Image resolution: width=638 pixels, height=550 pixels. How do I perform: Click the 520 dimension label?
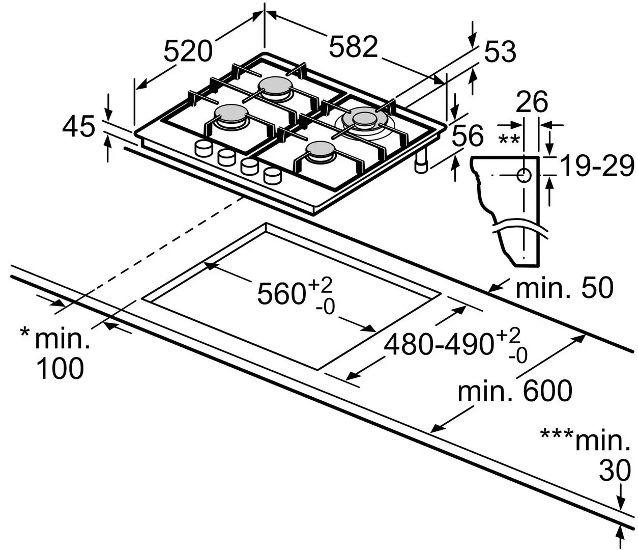tap(188, 51)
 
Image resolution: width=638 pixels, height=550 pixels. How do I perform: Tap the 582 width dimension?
tap(354, 47)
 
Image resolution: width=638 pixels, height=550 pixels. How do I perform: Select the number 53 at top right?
tap(500, 52)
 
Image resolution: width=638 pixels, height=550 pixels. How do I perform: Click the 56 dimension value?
tap(467, 136)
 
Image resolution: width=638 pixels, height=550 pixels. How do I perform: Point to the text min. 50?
tap(564, 288)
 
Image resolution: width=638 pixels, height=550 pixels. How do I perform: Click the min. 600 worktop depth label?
tap(514, 391)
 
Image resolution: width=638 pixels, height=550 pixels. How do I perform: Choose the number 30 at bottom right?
tap(614, 472)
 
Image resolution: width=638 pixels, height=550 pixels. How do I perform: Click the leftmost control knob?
tap(204, 148)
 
